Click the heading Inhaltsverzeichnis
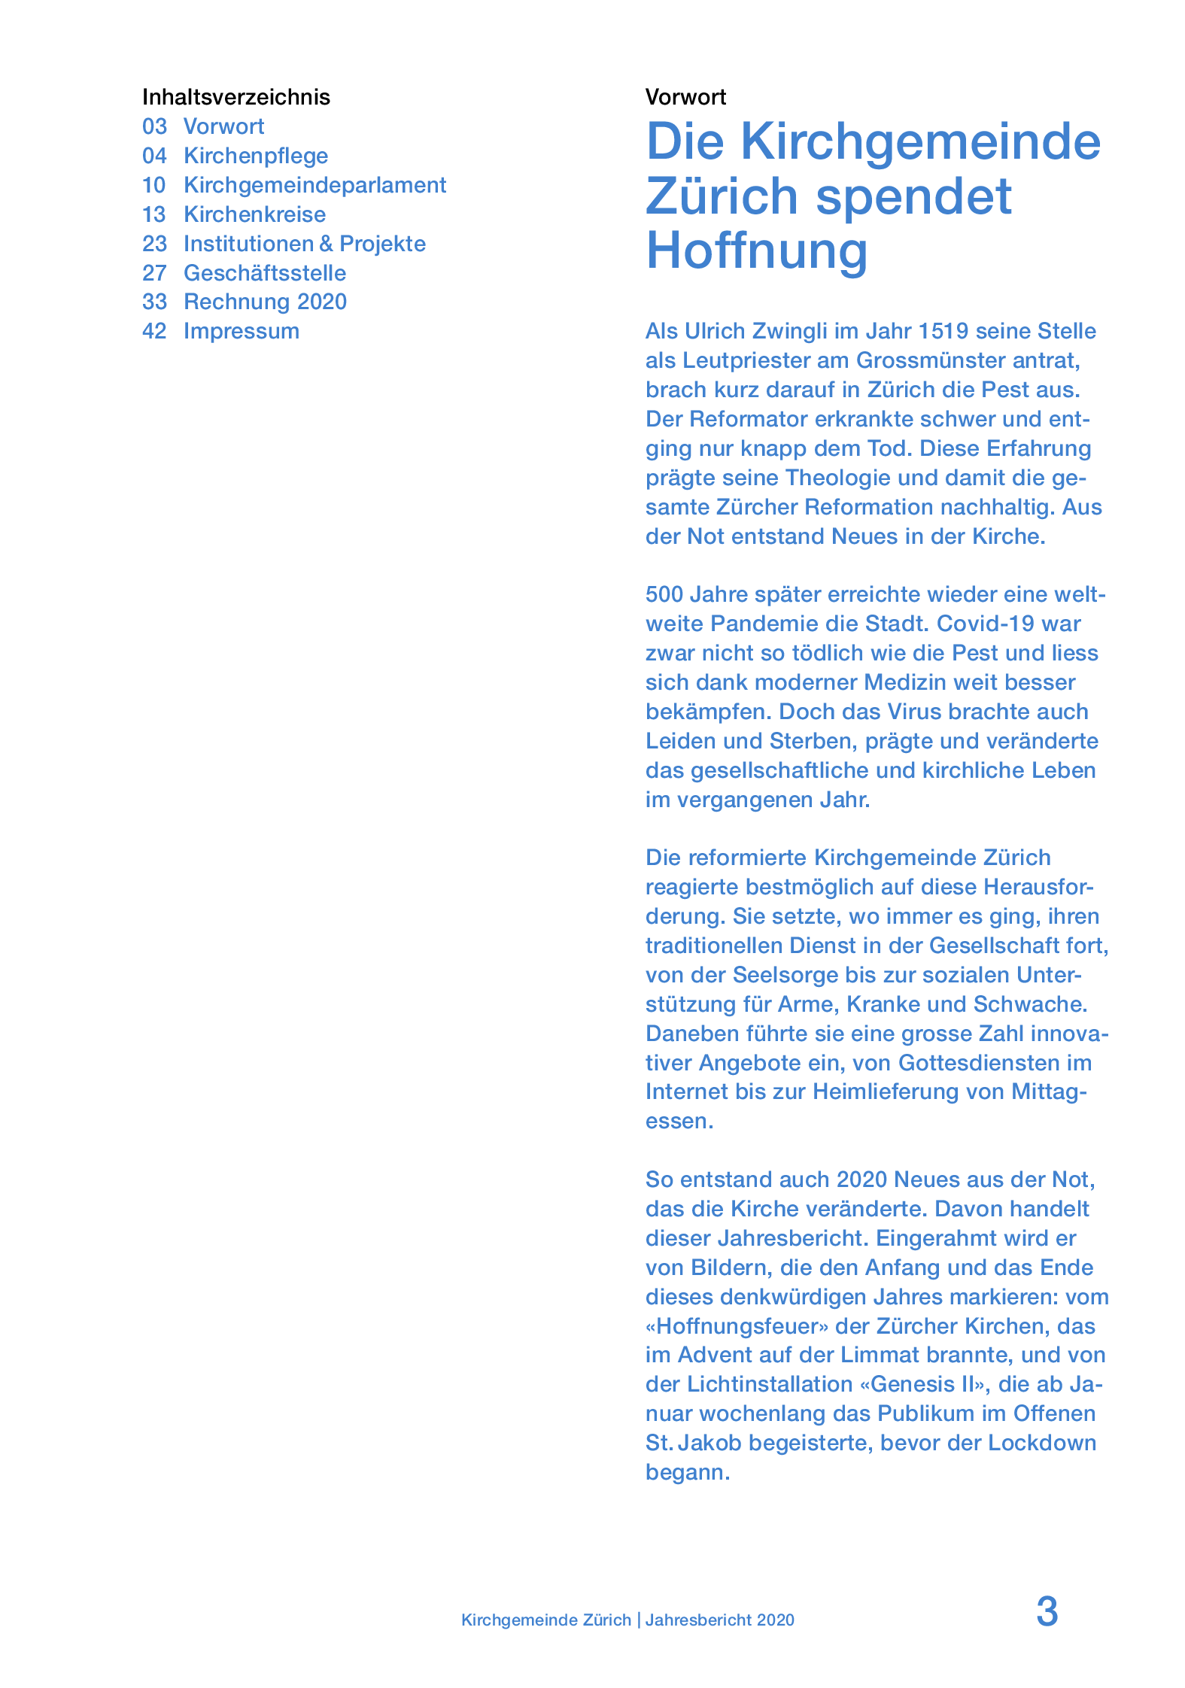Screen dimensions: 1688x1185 235,97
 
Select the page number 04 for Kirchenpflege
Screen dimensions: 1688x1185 154,156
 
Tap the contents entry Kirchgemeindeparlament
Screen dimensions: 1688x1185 314,185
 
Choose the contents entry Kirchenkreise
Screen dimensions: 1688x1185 254,214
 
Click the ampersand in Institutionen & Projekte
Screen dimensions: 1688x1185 326,244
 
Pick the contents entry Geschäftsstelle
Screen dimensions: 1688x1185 265,273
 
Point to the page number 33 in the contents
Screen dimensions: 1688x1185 154,302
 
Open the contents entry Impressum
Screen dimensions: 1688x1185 241,331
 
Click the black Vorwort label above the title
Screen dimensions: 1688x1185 685,97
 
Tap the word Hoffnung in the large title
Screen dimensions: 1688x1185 757,250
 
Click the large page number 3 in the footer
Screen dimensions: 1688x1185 1047,1612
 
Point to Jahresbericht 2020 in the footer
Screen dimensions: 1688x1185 719,1620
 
